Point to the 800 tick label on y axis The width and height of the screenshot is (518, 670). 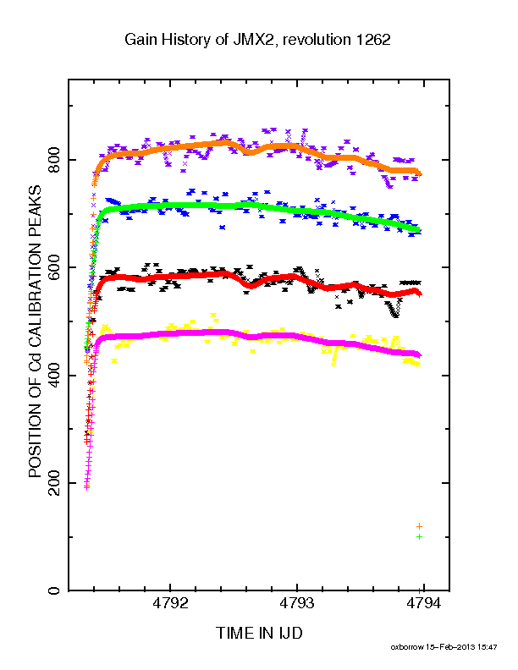[54, 160]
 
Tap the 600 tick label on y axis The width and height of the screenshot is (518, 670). [54, 267]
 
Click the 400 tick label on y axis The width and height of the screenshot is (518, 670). [54, 375]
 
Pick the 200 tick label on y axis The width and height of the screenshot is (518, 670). [54, 483]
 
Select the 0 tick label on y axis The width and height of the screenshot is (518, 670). [54, 590]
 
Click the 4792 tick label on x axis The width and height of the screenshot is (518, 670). [170, 603]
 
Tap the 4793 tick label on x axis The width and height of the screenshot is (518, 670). [296, 603]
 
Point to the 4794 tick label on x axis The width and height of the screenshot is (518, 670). [423, 603]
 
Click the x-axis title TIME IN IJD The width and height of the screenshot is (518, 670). [259, 633]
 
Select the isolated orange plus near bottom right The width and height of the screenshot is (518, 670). [419, 526]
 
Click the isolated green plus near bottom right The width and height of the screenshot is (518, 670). [419, 536]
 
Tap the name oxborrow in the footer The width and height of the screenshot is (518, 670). [407, 647]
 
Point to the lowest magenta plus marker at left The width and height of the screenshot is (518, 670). [87, 487]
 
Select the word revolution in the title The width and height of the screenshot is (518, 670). [317, 40]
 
